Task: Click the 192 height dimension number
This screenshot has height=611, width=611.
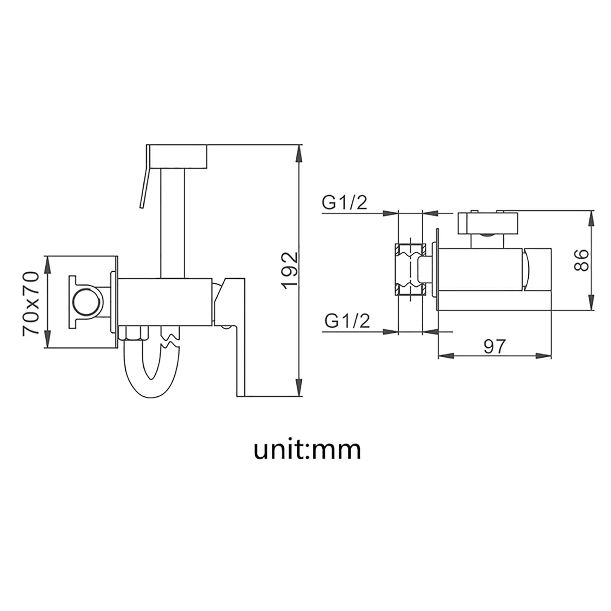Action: click(290, 270)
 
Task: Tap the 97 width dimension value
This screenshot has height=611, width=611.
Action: click(495, 346)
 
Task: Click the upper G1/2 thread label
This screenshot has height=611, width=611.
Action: click(345, 202)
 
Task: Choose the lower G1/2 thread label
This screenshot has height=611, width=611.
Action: click(347, 321)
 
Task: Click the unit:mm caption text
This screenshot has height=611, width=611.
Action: click(308, 450)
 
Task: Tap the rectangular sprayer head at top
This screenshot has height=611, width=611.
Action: click(178, 155)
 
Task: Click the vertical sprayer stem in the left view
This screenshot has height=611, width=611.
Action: click(174, 224)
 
